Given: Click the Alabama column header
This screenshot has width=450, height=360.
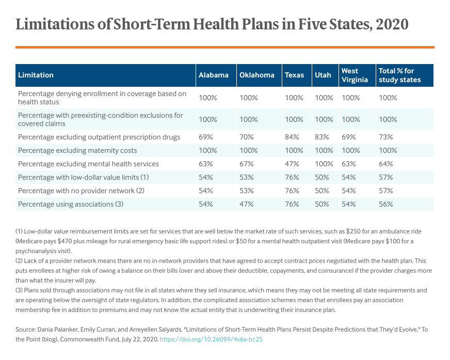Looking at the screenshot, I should click(x=213, y=75).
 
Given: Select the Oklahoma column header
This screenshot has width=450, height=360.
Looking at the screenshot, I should click(x=256, y=75).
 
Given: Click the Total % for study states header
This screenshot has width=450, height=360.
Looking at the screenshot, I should click(x=399, y=75).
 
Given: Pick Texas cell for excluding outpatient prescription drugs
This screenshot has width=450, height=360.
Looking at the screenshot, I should click(x=292, y=137).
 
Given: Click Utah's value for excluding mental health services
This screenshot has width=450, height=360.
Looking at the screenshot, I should click(x=324, y=164).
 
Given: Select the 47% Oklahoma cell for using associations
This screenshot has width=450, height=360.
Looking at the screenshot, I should click(x=247, y=204).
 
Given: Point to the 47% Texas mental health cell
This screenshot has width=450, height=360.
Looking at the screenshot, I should click(x=292, y=164).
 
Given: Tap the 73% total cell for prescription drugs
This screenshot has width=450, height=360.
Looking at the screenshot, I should click(x=385, y=137).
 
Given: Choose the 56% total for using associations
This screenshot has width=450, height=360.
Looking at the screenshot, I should click(x=385, y=204).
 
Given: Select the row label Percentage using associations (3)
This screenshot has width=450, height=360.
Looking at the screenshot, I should click(x=71, y=204).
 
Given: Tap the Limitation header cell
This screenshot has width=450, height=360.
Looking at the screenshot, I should click(x=36, y=75).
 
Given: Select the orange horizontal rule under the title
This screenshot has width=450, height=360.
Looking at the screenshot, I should click(x=224, y=47).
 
